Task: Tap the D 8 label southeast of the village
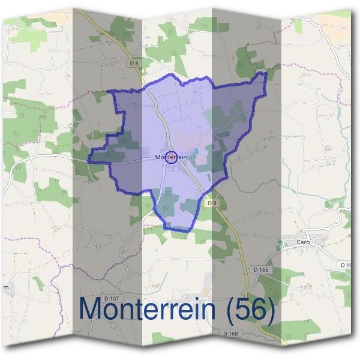211,203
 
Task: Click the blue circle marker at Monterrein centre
171,157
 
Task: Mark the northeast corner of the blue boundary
264,73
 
